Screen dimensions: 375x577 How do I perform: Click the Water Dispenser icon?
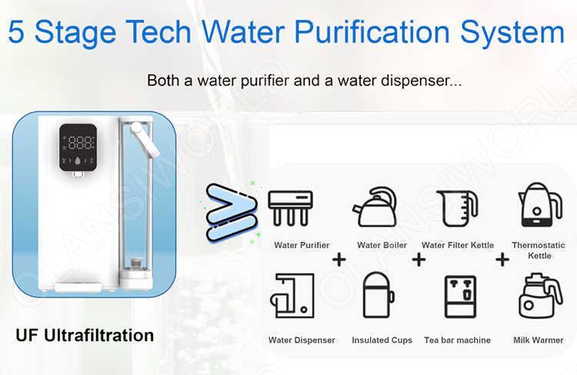click(x=290, y=296)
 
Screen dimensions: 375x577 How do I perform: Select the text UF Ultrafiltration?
click(x=85, y=336)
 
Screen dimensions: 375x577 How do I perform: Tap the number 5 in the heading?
click(x=20, y=32)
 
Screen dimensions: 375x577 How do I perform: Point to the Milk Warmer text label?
click(x=538, y=340)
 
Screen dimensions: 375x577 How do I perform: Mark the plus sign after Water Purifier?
click(x=338, y=260)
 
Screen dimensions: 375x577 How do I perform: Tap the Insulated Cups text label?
click(x=382, y=340)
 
